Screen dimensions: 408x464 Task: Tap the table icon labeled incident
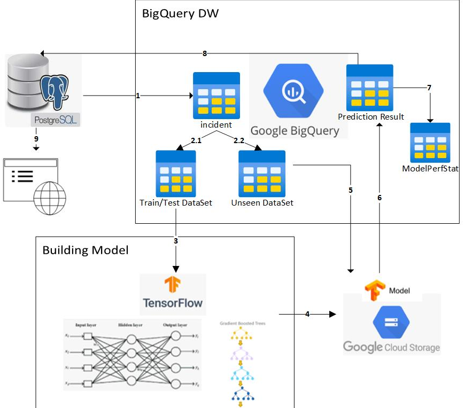pyautogui.click(x=216, y=96)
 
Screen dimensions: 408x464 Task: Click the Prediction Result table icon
pyautogui.click(x=370, y=88)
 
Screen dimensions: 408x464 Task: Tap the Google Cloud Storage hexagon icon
pyautogui.click(x=392, y=321)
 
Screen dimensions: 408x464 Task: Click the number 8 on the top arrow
pyautogui.click(x=205, y=53)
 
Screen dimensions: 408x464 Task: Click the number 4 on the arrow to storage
pyautogui.click(x=307, y=314)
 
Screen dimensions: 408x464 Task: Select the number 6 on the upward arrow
pyautogui.click(x=380, y=197)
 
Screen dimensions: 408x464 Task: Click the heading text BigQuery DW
pyautogui.click(x=180, y=13)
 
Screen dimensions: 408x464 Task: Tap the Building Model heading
pyautogui.click(x=86, y=250)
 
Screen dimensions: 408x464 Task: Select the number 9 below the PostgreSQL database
pyautogui.click(x=36, y=139)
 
